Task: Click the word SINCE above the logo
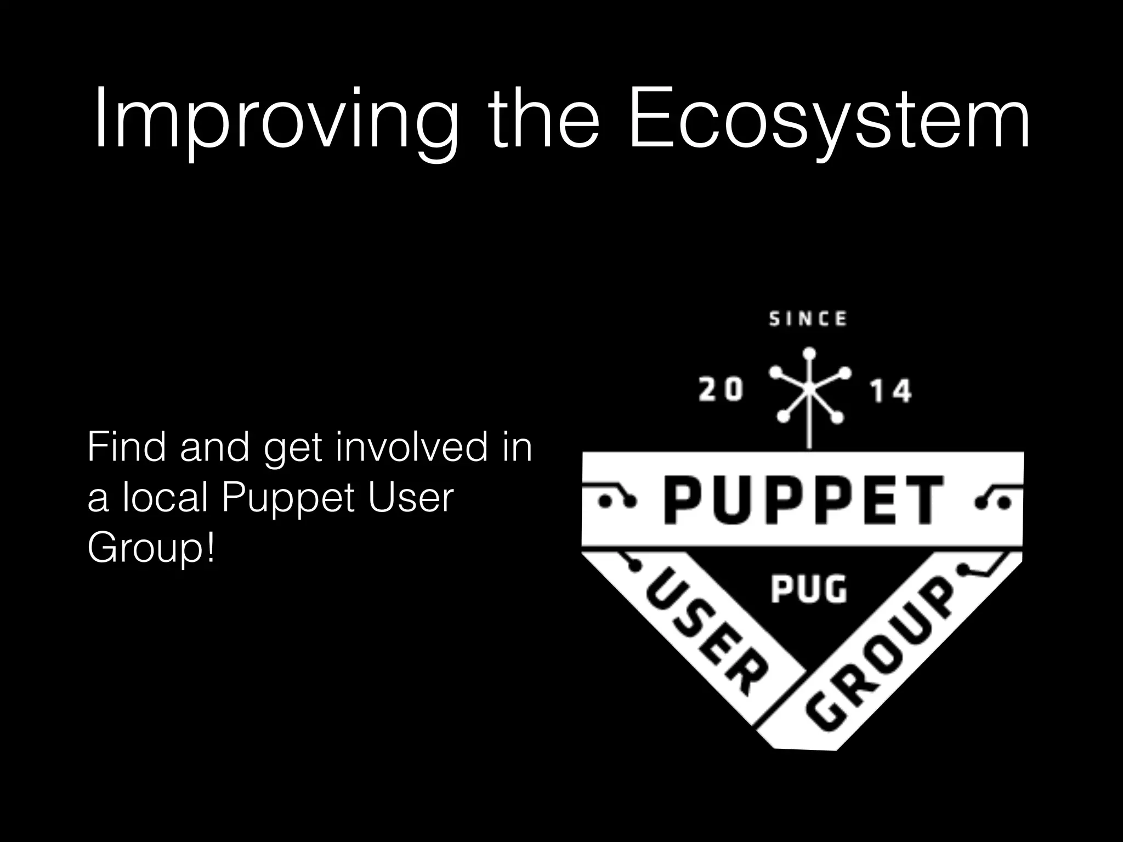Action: point(808,319)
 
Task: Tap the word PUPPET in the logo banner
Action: point(803,500)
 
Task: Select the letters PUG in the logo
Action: point(808,590)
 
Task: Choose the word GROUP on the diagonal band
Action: point(883,658)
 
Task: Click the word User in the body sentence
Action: point(411,498)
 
